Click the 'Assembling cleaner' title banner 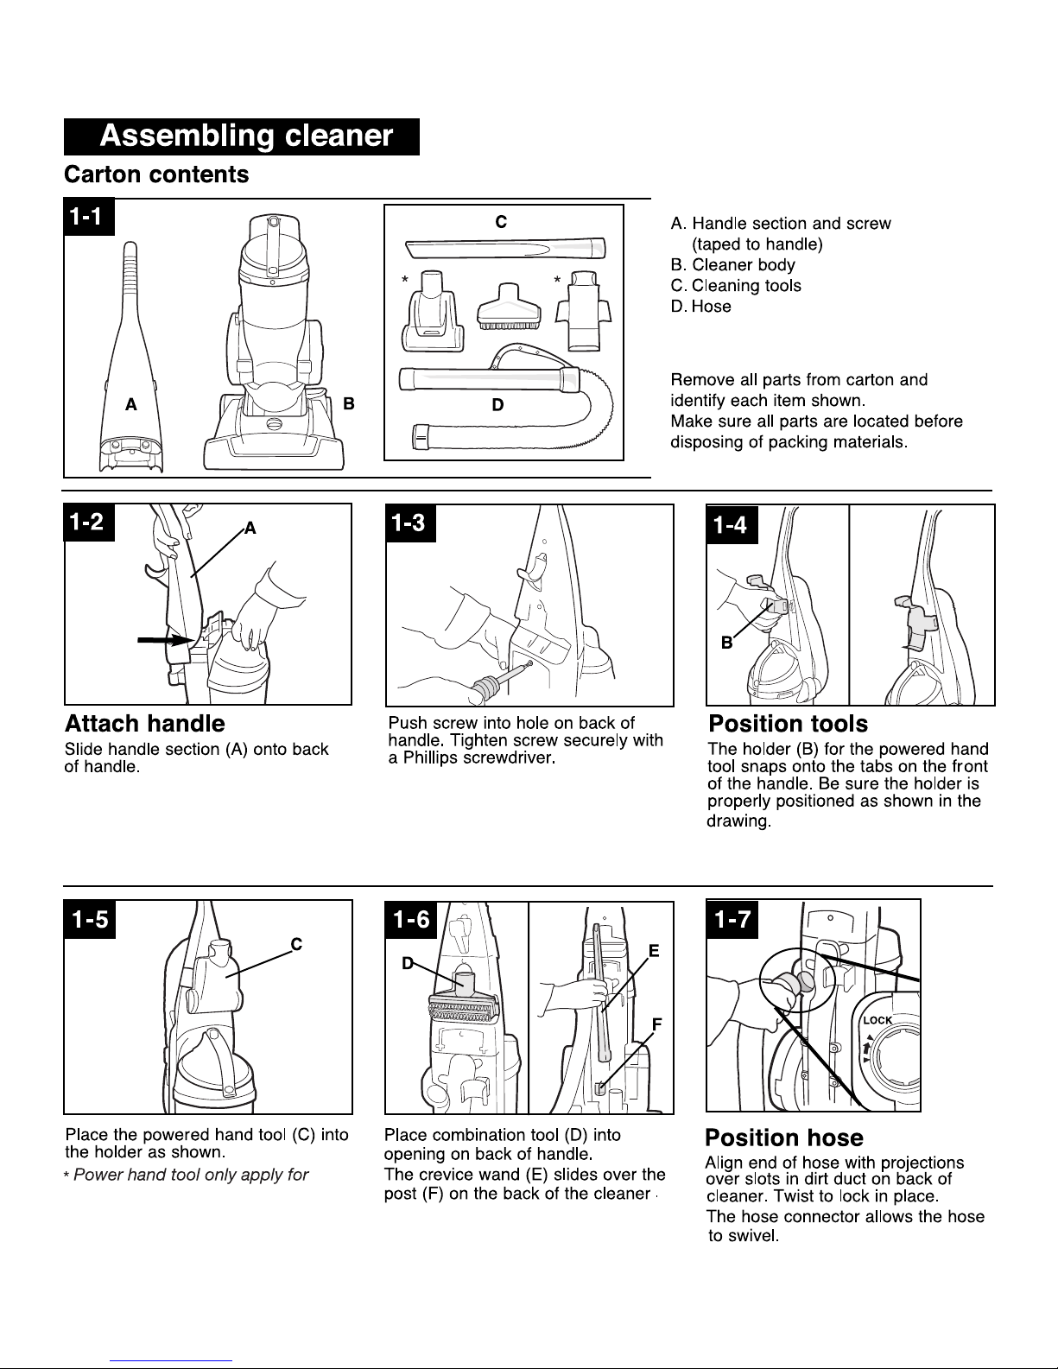[241, 136]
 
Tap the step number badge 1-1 [89, 217]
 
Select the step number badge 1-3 [410, 523]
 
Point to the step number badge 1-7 [732, 920]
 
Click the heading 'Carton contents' [156, 174]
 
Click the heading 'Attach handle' [145, 724]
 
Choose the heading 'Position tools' [789, 724]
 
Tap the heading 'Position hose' [784, 1138]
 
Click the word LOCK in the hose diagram [877, 1020]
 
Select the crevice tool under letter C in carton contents [506, 248]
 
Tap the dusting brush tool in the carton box [509, 307]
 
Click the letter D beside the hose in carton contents [497, 405]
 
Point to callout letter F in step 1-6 [657, 1024]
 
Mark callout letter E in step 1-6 [654, 951]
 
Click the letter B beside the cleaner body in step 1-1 [348, 404]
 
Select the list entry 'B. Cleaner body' [732, 265]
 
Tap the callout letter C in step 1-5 [296, 944]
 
